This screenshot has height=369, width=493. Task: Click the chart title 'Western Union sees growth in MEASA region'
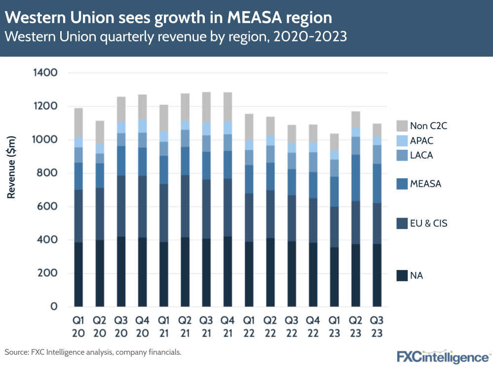(x=168, y=18)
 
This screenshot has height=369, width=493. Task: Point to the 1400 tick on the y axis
(x=45, y=73)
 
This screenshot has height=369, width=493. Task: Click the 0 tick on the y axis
(x=54, y=307)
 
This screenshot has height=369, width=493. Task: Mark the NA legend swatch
(x=402, y=275)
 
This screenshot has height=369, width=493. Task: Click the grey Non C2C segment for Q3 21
(x=206, y=107)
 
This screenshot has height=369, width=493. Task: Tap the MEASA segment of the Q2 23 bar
(x=354, y=178)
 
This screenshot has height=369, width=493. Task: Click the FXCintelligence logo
(x=443, y=356)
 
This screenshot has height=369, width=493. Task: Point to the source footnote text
(x=93, y=352)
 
